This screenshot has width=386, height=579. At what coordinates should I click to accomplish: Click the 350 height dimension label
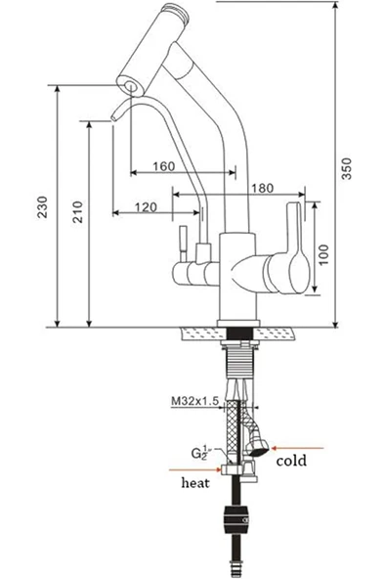346,169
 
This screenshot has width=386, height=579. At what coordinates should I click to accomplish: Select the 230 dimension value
43,206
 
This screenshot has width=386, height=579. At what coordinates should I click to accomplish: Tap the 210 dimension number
78,211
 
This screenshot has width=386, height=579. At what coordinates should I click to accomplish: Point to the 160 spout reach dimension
164,166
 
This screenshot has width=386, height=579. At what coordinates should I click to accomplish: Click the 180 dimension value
262,188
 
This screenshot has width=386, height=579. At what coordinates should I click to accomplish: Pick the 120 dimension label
146,207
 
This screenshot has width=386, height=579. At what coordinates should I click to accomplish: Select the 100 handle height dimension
323,254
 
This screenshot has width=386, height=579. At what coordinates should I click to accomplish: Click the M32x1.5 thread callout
195,401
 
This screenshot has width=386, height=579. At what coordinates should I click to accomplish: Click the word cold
291,461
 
